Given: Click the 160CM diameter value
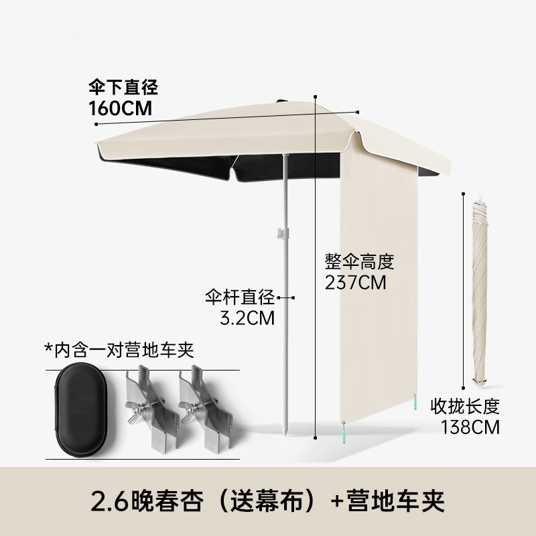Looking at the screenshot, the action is pyautogui.click(x=120, y=107).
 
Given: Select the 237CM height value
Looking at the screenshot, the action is pyautogui.click(x=355, y=282).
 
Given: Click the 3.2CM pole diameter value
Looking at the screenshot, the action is pyautogui.click(x=249, y=316).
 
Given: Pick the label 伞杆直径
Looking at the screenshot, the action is pyautogui.click(x=241, y=296).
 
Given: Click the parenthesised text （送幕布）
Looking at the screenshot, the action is pyautogui.click(x=265, y=498).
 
